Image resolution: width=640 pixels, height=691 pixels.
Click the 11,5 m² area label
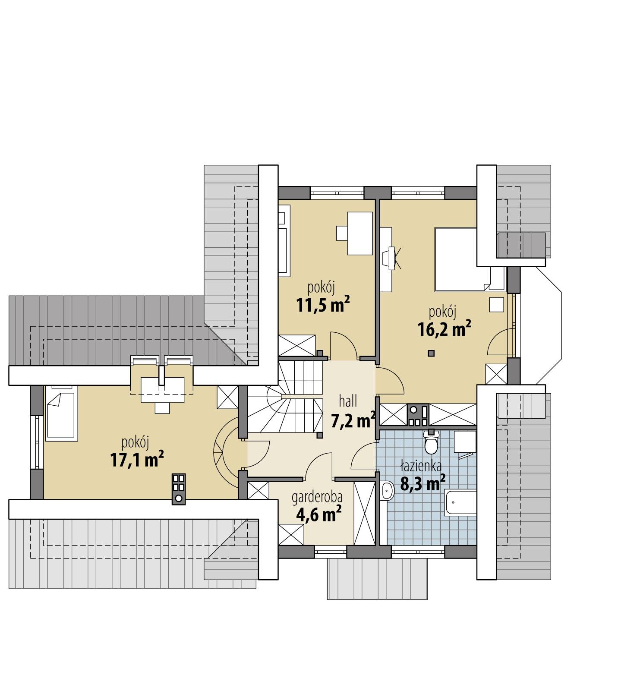tap(322, 305)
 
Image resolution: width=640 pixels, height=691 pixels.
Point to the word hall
tap(348, 401)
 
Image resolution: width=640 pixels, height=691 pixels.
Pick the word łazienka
tap(421, 466)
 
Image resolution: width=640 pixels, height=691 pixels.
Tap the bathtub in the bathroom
tap(461, 502)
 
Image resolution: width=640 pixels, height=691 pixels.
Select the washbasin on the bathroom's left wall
tap(387, 492)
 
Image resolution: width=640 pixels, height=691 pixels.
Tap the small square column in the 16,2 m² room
tap(431, 353)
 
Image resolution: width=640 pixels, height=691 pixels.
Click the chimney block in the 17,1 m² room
tap(179, 489)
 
